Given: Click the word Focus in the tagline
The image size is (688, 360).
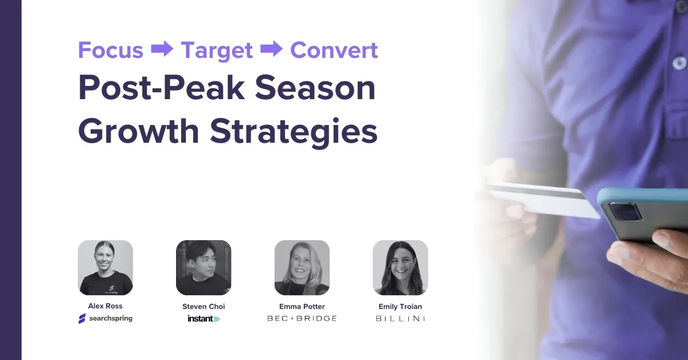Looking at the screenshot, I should [x=111, y=50].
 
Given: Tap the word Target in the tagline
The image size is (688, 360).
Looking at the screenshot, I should [x=217, y=50].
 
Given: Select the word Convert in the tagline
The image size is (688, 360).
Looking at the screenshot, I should [x=334, y=50].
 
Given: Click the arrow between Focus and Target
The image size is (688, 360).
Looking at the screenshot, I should [x=162, y=50].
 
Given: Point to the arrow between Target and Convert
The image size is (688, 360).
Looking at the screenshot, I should [x=271, y=50].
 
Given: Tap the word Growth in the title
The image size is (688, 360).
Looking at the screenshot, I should [x=139, y=131].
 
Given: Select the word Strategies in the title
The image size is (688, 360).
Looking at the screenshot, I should [x=293, y=131].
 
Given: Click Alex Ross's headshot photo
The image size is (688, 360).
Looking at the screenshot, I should [x=105, y=268].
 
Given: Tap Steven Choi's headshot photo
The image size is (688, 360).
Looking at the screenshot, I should [x=204, y=268].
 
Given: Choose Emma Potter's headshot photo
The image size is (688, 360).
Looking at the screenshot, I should [x=302, y=268].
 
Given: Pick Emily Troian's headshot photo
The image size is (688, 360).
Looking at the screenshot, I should [x=400, y=268].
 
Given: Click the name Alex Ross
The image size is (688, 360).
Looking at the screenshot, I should [x=105, y=306].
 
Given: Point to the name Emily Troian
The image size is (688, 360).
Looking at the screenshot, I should [x=400, y=307].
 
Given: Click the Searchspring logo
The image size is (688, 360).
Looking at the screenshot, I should [x=105, y=319].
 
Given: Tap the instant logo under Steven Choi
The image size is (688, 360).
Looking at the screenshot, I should [x=204, y=319].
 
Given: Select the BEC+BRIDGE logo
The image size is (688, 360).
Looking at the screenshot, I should [x=302, y=318].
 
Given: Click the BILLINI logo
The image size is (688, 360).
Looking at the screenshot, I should [x=400, y=318].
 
